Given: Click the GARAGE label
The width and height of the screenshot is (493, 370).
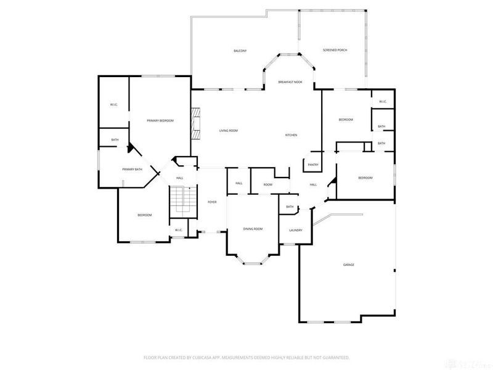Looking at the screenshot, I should tap(349, 265).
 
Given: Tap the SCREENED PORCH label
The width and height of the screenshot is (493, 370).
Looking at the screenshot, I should tap(335, 50).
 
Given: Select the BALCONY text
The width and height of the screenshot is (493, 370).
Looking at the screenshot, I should tap(240, 51).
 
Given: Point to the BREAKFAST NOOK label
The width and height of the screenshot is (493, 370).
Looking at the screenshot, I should tap(290, 82).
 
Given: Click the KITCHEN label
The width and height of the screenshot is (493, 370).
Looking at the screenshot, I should tap(291, 135).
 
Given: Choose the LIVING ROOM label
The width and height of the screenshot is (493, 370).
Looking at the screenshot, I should tap(229, 131).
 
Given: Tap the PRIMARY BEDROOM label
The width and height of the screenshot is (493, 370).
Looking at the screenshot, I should tap(160, 120).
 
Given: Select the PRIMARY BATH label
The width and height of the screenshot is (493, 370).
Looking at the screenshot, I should tap(132, 169).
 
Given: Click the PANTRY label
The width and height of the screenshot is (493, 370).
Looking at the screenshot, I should tap(312, 165).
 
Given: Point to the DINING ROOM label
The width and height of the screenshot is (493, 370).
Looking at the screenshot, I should tap(253, 229).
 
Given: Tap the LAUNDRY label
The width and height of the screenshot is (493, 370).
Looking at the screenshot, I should tap(296, 230).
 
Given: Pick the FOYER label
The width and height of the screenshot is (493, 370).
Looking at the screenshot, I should tap(211, 202).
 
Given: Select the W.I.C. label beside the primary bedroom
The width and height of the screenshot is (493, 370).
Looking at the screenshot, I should tap(114, 104).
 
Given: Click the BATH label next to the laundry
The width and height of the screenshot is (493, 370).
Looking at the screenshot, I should tap(289, 207).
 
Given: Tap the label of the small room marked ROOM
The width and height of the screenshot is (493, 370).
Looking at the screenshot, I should tap(268, 184).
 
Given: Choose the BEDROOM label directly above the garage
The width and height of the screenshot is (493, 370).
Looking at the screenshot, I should tap(365, 178).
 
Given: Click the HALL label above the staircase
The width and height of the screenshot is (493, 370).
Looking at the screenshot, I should tap(179, 178).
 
